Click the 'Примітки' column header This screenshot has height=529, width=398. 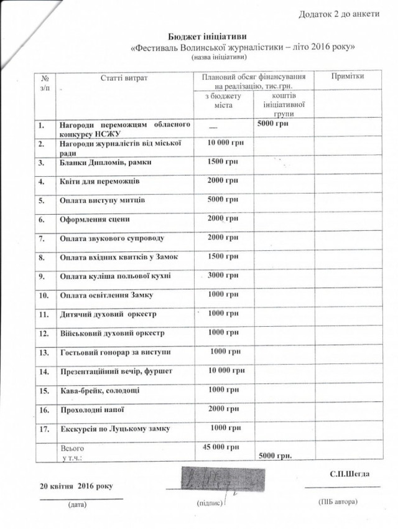348,76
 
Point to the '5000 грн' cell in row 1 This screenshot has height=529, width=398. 271,124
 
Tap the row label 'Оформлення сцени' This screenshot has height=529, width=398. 94,220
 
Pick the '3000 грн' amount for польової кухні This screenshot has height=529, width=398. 223,276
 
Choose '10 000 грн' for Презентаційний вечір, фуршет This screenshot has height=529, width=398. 223,371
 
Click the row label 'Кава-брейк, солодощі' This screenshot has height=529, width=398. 99,390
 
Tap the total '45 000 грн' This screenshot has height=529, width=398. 221,447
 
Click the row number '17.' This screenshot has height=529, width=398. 44,429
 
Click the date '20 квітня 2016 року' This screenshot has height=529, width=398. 76,485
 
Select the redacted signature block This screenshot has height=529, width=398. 211,480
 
